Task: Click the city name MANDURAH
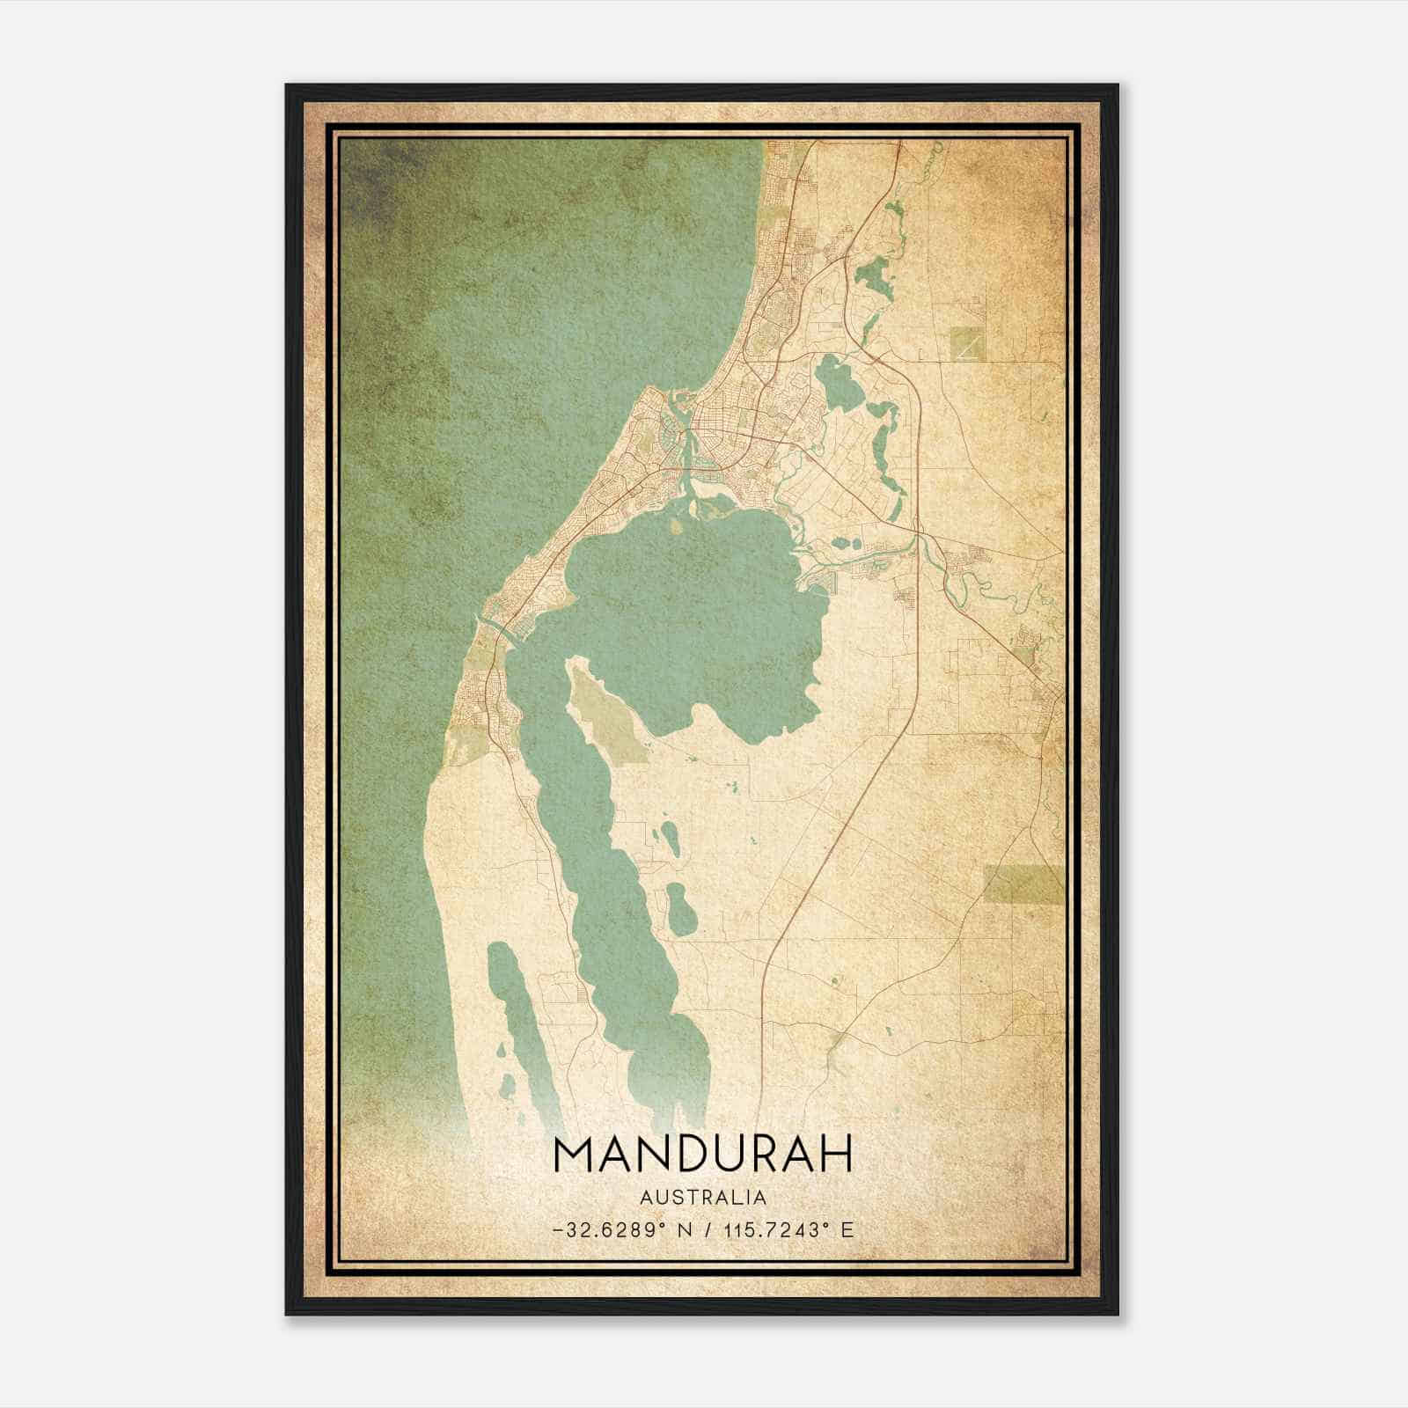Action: pyautogui.click(x=703, y=1154)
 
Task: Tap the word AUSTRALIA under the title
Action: pyautogui.click(x=703, y=1198)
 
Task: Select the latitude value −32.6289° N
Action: pyautogui.click(x=621, y=1229)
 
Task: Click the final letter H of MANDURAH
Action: pyautogui.click(x=835, y=1154)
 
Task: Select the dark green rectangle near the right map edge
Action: pyautogui.click(x=1023, y=884)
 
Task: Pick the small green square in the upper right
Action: pyautogui.click(x=968, y=342)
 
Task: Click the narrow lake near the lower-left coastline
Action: pyautogui.click(x=519, y=1030)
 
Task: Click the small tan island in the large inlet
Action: pyautogui.click(x=676, y=525)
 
